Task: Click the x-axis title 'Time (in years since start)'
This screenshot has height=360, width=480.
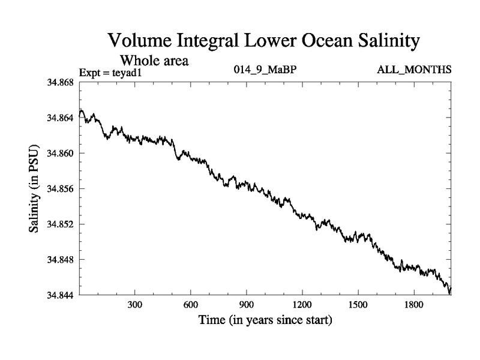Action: click(x=265, y=320)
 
